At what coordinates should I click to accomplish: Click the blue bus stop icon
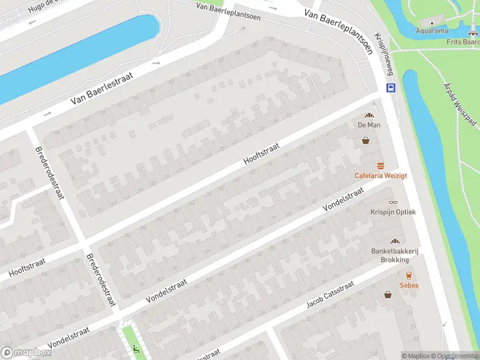(391, 88)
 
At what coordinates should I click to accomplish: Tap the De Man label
(369, 125)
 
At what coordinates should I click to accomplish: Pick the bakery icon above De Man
(369, 115)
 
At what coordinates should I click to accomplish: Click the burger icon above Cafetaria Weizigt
(380, 166)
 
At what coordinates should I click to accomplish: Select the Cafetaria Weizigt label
(381, 175)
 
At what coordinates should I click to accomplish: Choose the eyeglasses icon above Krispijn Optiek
(393, 202)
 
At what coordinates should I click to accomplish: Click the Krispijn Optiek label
(393, 212)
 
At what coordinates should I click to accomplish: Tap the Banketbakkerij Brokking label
(394, 255)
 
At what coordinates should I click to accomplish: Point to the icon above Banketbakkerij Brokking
(394, 241)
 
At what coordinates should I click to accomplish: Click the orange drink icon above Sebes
(409, 275)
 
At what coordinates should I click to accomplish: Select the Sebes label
(409, 285)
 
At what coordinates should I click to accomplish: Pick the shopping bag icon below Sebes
(388, 295)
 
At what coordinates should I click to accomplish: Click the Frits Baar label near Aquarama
(464, 42)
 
